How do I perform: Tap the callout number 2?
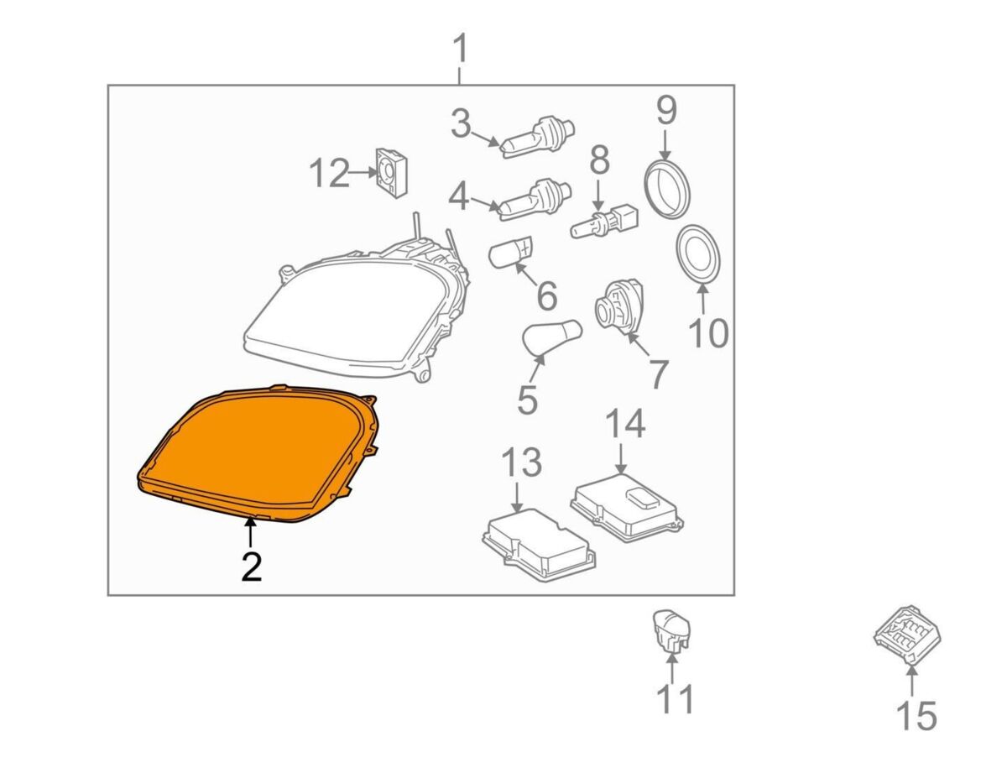[252, 567]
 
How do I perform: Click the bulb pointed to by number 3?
[538, 137]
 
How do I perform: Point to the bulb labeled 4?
[535, 201]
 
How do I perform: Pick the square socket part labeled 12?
[392, 172]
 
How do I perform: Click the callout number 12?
[329, 173]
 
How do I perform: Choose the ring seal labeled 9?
[667, 188]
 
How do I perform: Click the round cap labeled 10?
[699, 254]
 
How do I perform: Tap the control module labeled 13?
[539, 545]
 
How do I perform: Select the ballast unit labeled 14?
[627, 508]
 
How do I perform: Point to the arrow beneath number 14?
[621, 457]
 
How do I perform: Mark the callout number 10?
[708, 333]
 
